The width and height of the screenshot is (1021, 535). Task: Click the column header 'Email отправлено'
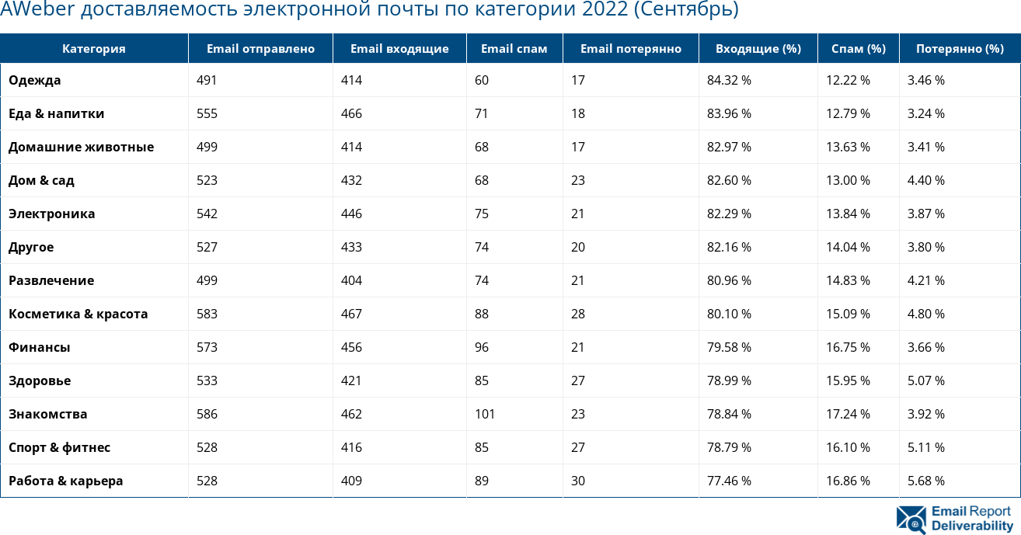pyautogui.click(x=260, y=49)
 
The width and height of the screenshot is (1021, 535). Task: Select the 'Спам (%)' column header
pyautogui.click(x=858, y=49)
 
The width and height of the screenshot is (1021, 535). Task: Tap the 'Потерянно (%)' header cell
pyautogui.click(x=960, y=49)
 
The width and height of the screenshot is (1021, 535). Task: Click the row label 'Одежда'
pyautogui.click(x=35, y=80)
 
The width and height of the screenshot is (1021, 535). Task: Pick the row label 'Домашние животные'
pyautogui.click(x=81, y=147)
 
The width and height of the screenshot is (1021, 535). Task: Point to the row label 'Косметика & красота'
pyautogui.click(x=78, y=314)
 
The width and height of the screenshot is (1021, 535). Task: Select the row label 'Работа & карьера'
pyautogui.click(x=66, y=481)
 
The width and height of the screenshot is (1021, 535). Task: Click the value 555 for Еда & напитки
pyautogui.click(x=207, y=113)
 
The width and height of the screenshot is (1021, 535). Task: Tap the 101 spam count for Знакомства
pyautogui.click(x=485, y=414)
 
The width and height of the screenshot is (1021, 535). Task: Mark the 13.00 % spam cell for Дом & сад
pyautogui.click(x=848, y=180)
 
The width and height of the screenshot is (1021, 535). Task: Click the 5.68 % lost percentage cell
pyautogui.click(x=926, y=481)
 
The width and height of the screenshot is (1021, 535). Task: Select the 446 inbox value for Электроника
pyautogui.click(x=351, y=214)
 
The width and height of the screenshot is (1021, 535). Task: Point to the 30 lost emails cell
pyautogui.click(x=578, y=481)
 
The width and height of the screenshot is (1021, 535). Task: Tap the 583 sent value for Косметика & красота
pyautogui.click(x=207, y=314)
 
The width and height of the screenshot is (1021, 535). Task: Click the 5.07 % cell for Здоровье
pyautogui.click(x=926, y=380)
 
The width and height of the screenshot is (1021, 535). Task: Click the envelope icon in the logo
pyautogui.click(x=911, y=519)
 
